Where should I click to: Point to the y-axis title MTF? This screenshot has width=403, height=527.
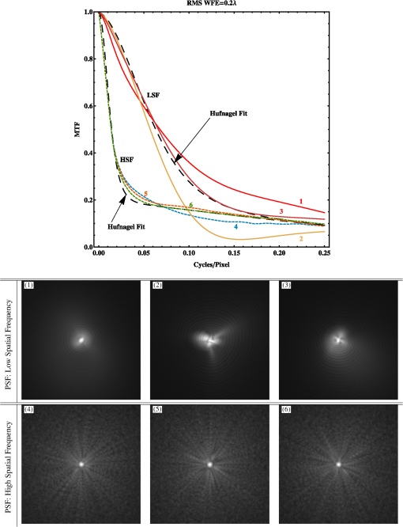pos(77,129)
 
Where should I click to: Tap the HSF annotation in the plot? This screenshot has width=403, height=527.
pos(126,161)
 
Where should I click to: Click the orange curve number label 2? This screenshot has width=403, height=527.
pos(301,237)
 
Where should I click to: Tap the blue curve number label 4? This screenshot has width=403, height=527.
pos(235,226)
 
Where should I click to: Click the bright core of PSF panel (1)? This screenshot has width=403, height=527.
pos(81,340)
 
